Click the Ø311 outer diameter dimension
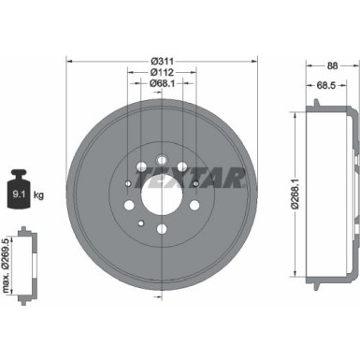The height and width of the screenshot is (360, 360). pos(162,61)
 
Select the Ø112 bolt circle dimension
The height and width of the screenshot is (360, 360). pos(162,72)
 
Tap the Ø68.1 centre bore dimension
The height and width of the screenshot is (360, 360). pos(162,83)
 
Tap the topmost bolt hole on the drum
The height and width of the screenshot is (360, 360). pos(163,134)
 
